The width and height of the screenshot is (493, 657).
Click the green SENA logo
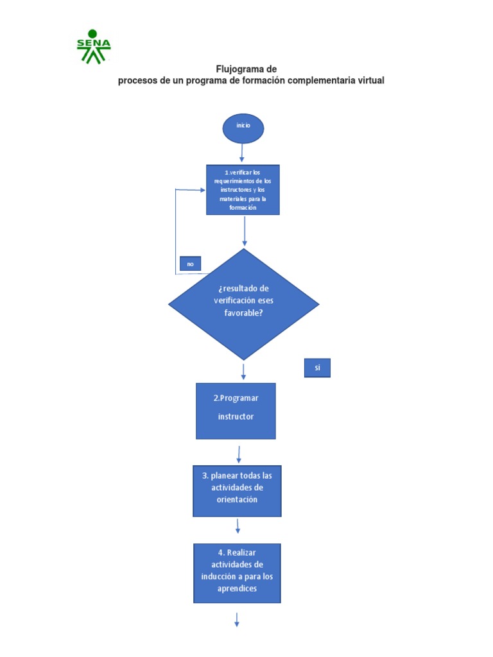pos(94,46)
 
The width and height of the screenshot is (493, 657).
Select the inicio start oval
pos(243,128)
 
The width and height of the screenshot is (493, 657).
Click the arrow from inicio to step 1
pos(242,153)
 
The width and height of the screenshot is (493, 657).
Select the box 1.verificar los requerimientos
pos(243,189)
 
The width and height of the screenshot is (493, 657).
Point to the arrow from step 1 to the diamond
pos(245,231)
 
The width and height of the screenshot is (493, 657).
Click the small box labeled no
pos(190,264)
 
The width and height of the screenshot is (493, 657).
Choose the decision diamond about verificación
pos(243,304)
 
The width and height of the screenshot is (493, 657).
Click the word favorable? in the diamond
pos(243,313)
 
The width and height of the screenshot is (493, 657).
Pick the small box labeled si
pos(317,368)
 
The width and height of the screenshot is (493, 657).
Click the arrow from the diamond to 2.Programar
pos(243,371)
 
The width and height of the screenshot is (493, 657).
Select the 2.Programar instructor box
pos(236,411)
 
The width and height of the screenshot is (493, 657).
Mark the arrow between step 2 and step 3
pos(239,454)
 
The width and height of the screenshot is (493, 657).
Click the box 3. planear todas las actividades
pos(237,491)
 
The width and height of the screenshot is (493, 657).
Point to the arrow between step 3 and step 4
pos(238,526)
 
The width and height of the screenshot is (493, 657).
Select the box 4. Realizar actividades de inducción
pos(237,573)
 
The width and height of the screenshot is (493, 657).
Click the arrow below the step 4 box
pos(237,619)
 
